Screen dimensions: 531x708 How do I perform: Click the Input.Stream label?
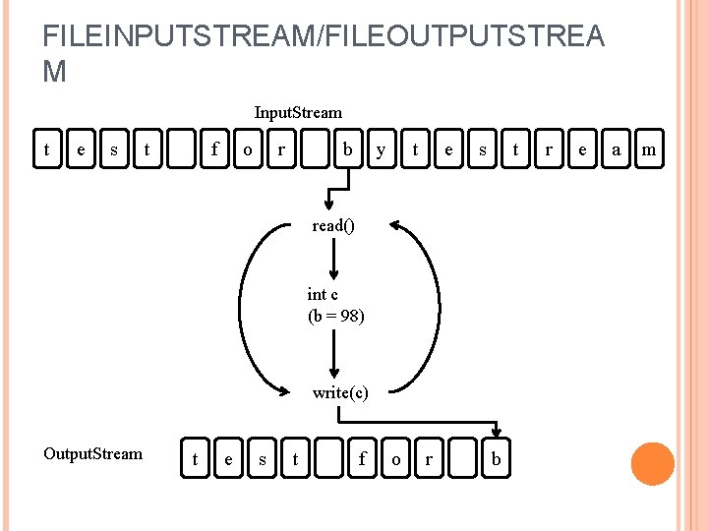(x=298, y=113)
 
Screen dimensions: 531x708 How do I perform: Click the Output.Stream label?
(x=92, y=453)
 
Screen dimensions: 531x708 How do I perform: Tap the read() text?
(x=333, y=225)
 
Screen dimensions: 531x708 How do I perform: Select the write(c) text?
(x=340, y=392)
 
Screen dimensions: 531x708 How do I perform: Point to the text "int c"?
(x=323, y=294)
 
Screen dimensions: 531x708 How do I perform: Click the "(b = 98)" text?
(x=336, y=316)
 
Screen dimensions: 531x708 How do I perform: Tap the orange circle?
(x=653, y=464)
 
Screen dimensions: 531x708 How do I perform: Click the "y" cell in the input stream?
(x=381, y=149)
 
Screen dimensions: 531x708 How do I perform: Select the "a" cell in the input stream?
(x=616, y=149)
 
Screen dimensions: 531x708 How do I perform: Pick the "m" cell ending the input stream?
(x=649, y=149)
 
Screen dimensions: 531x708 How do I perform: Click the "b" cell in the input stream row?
(x=347, y=149)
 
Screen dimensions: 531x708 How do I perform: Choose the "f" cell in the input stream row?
(x=214, y=149)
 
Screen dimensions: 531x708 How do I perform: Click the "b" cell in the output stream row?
(x=497, y=458)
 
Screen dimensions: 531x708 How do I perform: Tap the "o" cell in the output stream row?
(x=395, y=458)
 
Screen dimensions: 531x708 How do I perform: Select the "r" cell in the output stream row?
(x=429, y=458)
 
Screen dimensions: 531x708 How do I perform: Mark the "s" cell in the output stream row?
(x=262, y=458)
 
